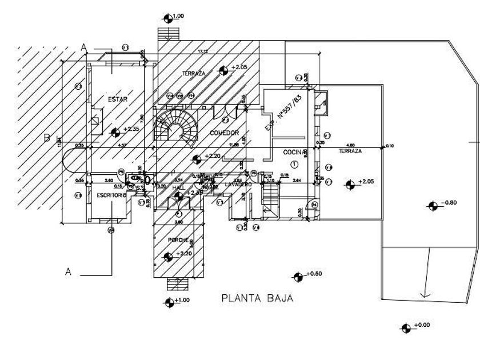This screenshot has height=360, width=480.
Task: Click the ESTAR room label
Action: tap(117, 99)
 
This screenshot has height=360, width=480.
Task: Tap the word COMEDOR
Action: tap(223, 133)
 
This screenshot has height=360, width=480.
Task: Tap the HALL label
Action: tap(179, 186)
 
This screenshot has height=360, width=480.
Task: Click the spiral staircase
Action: tap(174, 127)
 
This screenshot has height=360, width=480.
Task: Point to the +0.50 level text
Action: tap(315, 275)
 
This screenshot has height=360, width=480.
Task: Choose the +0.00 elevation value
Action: tap(423, 325)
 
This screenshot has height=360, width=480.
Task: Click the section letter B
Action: tap(47, 138)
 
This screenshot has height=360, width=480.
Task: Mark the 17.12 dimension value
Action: tap(202, 52)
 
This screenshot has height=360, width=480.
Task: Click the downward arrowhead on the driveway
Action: tap(424, 295)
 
